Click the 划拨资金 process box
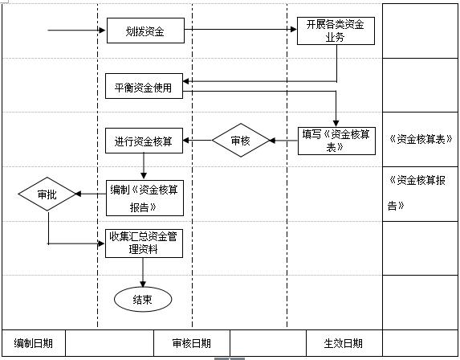pyautogui.click(x=145, y=31)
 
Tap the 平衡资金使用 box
pyautogui.click(x=145, y=86)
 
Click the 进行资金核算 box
pyautogui.click(x=145, y=141)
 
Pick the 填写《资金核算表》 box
pyautogui.click(x=336, y=141)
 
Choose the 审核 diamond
pyautogui.click(x=240, y=141)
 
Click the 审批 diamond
pyautogui.click(x=47, y=194)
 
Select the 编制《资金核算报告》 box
pyautogui.click(x=145, y=198)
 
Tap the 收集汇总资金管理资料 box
pyautogui.click(x=145, y=243)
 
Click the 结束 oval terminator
pyautogui.click(x=144, y=300)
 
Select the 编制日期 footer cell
pyautogui.click(x=33, y=343)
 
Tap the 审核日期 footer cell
pyautogui.click(x=191, y=343)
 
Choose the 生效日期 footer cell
pyautogui.click(x=343, y=343)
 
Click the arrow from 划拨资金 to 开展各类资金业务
pyautogui.click(x=241, y=31)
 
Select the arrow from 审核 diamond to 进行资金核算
pyautogui.click(x=197, y=141)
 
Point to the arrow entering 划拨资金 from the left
pyautogui.click(x=77, y=31)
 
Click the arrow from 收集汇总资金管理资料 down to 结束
pyautogui.click(x=144, y=272)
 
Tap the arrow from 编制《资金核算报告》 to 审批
pyautogui.click(x=89, y=194)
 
